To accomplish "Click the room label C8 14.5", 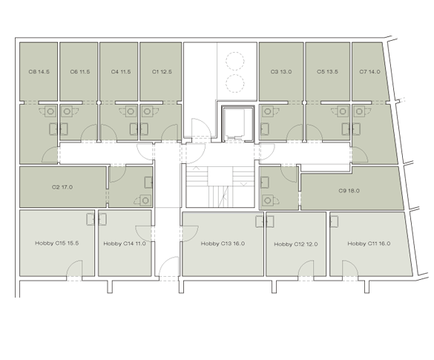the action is [39, 72].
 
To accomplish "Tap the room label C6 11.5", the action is [80, 72].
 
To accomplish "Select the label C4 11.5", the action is [121, 72].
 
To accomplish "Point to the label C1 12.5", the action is [162, 72].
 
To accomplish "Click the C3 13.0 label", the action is [281, 72].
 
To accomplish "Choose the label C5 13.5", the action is [327, 72].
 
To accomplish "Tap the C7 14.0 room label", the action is [369, 72].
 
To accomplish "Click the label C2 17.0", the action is [62, 187].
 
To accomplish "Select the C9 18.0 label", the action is [349, 191].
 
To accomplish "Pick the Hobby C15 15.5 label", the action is [56, 243].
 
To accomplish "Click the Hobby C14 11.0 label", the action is [125, 243].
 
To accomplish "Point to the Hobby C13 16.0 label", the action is [223, 243].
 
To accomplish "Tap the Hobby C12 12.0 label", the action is [296, 244].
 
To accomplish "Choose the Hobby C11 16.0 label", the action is [369, 243].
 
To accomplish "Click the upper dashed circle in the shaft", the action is [234, 61].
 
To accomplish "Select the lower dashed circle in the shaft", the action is [234, 84].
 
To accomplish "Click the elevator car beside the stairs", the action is [234, 124].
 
